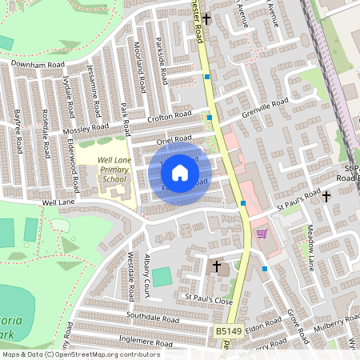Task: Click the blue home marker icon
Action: pyautogui.click(x=180, y=172)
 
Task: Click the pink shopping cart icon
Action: pyautogui.click(x=261, y=234)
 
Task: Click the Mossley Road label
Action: pyautogui.click(x=87, y=127)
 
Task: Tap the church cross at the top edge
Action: pyautogui.click(x=206, y=18)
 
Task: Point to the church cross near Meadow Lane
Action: pyautogui.click(x=326, y=196)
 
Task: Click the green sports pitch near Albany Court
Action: pyautogui.click(x=162, y=277)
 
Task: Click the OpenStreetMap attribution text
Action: pyautogui.click(x=81, y=354)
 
